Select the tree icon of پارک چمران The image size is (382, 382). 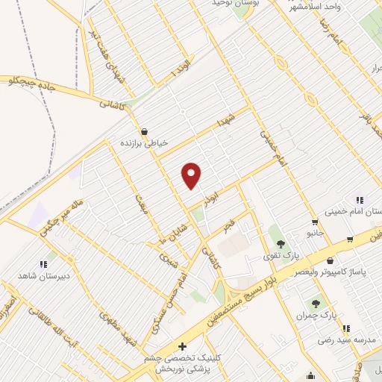316,304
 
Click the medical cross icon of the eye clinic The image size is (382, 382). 183,347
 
